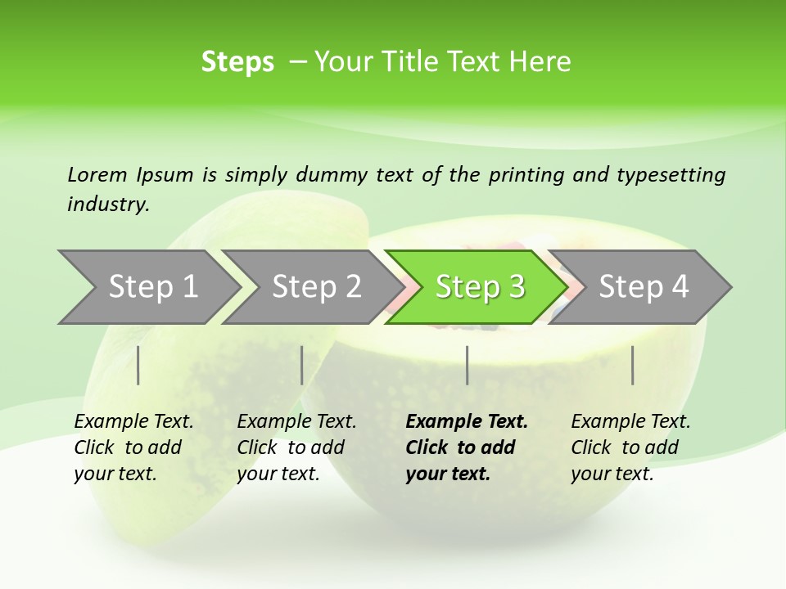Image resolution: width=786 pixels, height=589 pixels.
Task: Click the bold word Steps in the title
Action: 237,62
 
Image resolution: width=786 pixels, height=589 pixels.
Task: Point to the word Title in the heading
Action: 407,62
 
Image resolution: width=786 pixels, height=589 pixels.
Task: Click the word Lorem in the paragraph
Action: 97,174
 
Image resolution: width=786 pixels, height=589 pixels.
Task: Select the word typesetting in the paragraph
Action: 671,174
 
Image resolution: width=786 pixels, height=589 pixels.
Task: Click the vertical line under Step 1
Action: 138,365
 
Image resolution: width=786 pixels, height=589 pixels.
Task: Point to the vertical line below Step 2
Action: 302,365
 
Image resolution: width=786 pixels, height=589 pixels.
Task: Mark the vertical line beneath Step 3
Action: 467,365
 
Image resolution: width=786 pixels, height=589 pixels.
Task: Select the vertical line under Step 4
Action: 632,365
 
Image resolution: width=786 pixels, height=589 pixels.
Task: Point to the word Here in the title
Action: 540,62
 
